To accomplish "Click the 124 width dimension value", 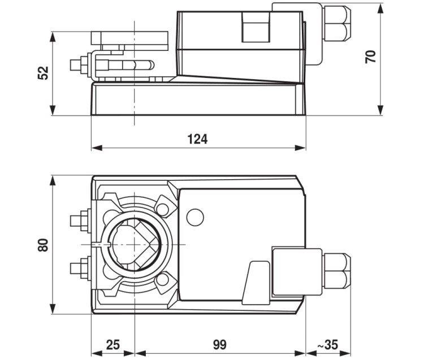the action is coord(198,139).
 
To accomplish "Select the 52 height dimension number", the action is coord(43,73).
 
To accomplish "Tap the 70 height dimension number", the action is coord(370,57).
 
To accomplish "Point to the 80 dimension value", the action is coord(43,245).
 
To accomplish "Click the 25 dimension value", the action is coord(113,345).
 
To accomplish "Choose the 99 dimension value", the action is coord(219,345).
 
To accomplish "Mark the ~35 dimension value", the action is coord(327,345).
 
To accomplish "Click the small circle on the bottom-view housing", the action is coord(195,218).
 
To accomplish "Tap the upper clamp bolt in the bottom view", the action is coord(81,220).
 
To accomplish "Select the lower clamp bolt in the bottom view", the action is coord(81,268).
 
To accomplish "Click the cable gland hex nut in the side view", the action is coord(336,24).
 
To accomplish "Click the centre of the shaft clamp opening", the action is coord(134,245).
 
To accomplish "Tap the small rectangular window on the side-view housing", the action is coord(256,27).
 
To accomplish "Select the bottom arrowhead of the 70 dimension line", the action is coord(380,110).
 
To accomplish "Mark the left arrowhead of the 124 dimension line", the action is coord(97,148).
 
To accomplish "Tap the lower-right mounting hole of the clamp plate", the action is coord(162,280).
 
